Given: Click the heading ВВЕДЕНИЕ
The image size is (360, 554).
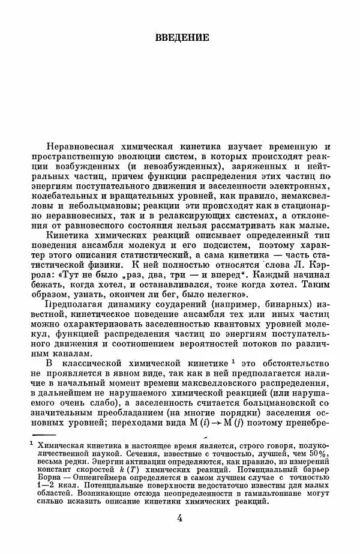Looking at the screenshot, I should tap(181, 37).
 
